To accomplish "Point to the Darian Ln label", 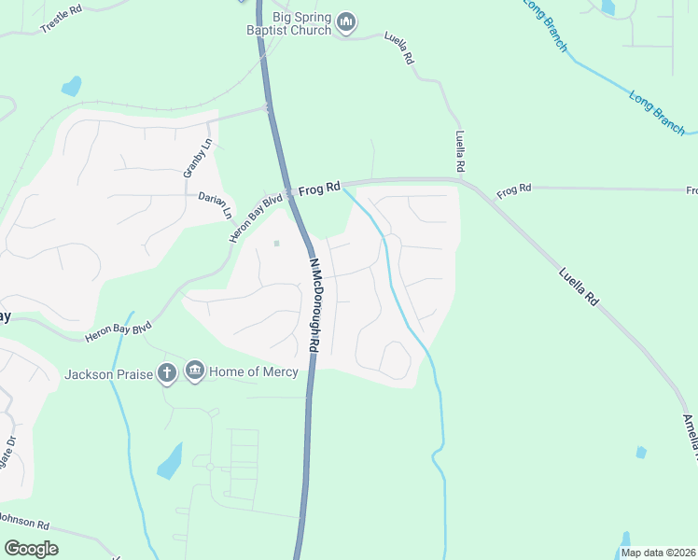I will (215, 204).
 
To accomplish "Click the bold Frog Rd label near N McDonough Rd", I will (320, 189).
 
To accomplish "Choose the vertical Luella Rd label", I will (460, 149).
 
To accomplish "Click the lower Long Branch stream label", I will (657, 111).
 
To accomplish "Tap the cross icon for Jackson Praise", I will (167, 373).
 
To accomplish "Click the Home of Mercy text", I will (254, 371).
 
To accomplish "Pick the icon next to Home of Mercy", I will (194, 371).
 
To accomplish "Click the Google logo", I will (31, 548).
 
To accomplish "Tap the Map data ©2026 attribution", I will (658, 553).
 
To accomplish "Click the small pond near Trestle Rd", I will (71, 88).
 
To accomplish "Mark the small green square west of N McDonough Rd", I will (276, 245).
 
